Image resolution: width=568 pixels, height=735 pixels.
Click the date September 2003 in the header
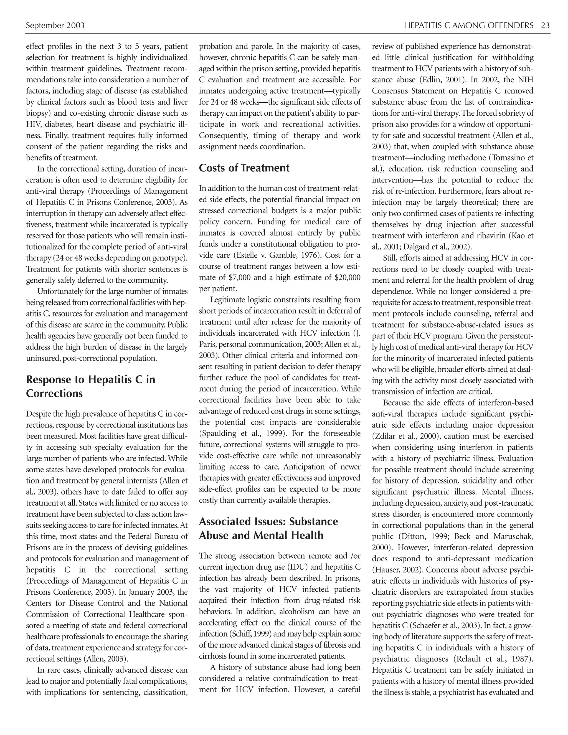(x=55, y=26)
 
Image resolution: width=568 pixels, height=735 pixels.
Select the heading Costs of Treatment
(x=244, y=168)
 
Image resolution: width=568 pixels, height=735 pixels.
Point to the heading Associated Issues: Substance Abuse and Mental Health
(x=268, y=528)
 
